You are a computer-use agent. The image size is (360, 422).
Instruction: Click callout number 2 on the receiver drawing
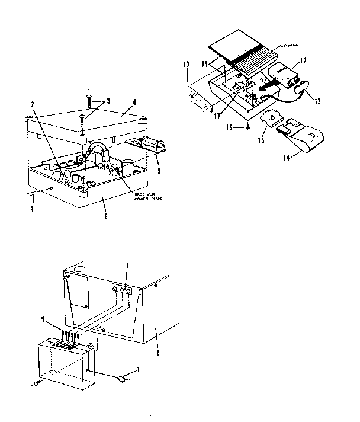[33, 105]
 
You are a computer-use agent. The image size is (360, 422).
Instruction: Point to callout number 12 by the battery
[302, 60]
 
